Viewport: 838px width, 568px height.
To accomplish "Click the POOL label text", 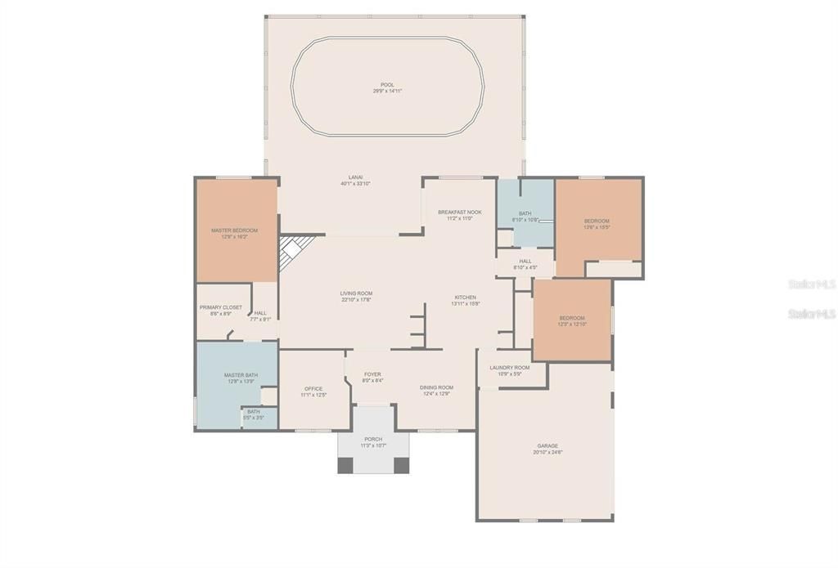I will pos(387,85).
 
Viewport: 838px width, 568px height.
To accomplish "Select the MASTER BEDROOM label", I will pos(234,230).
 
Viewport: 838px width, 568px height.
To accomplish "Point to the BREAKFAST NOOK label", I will pos(459,212).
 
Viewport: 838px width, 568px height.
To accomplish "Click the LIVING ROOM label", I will pos(356,293).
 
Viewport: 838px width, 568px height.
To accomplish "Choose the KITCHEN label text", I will pos(466,297).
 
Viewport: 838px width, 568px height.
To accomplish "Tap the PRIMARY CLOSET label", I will pos(220,307).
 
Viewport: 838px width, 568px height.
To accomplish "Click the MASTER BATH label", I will pos(241,375).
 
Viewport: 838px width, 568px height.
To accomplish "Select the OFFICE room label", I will pos(313,389).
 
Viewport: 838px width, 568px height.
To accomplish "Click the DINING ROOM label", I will pos(436,387).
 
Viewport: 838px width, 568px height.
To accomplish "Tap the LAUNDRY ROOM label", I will pos(510,368).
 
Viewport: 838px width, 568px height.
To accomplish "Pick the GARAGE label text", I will pos(547,446).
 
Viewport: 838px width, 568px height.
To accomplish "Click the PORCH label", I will pos(373,439).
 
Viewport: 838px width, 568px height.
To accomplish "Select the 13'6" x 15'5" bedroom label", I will pos(597,221).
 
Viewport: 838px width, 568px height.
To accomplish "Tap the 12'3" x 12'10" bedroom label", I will pos(572,318).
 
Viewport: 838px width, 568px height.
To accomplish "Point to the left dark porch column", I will pos(345,465).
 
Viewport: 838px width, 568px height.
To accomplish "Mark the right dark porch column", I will pos(401,465).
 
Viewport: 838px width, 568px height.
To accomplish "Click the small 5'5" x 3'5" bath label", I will pos(254,412).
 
